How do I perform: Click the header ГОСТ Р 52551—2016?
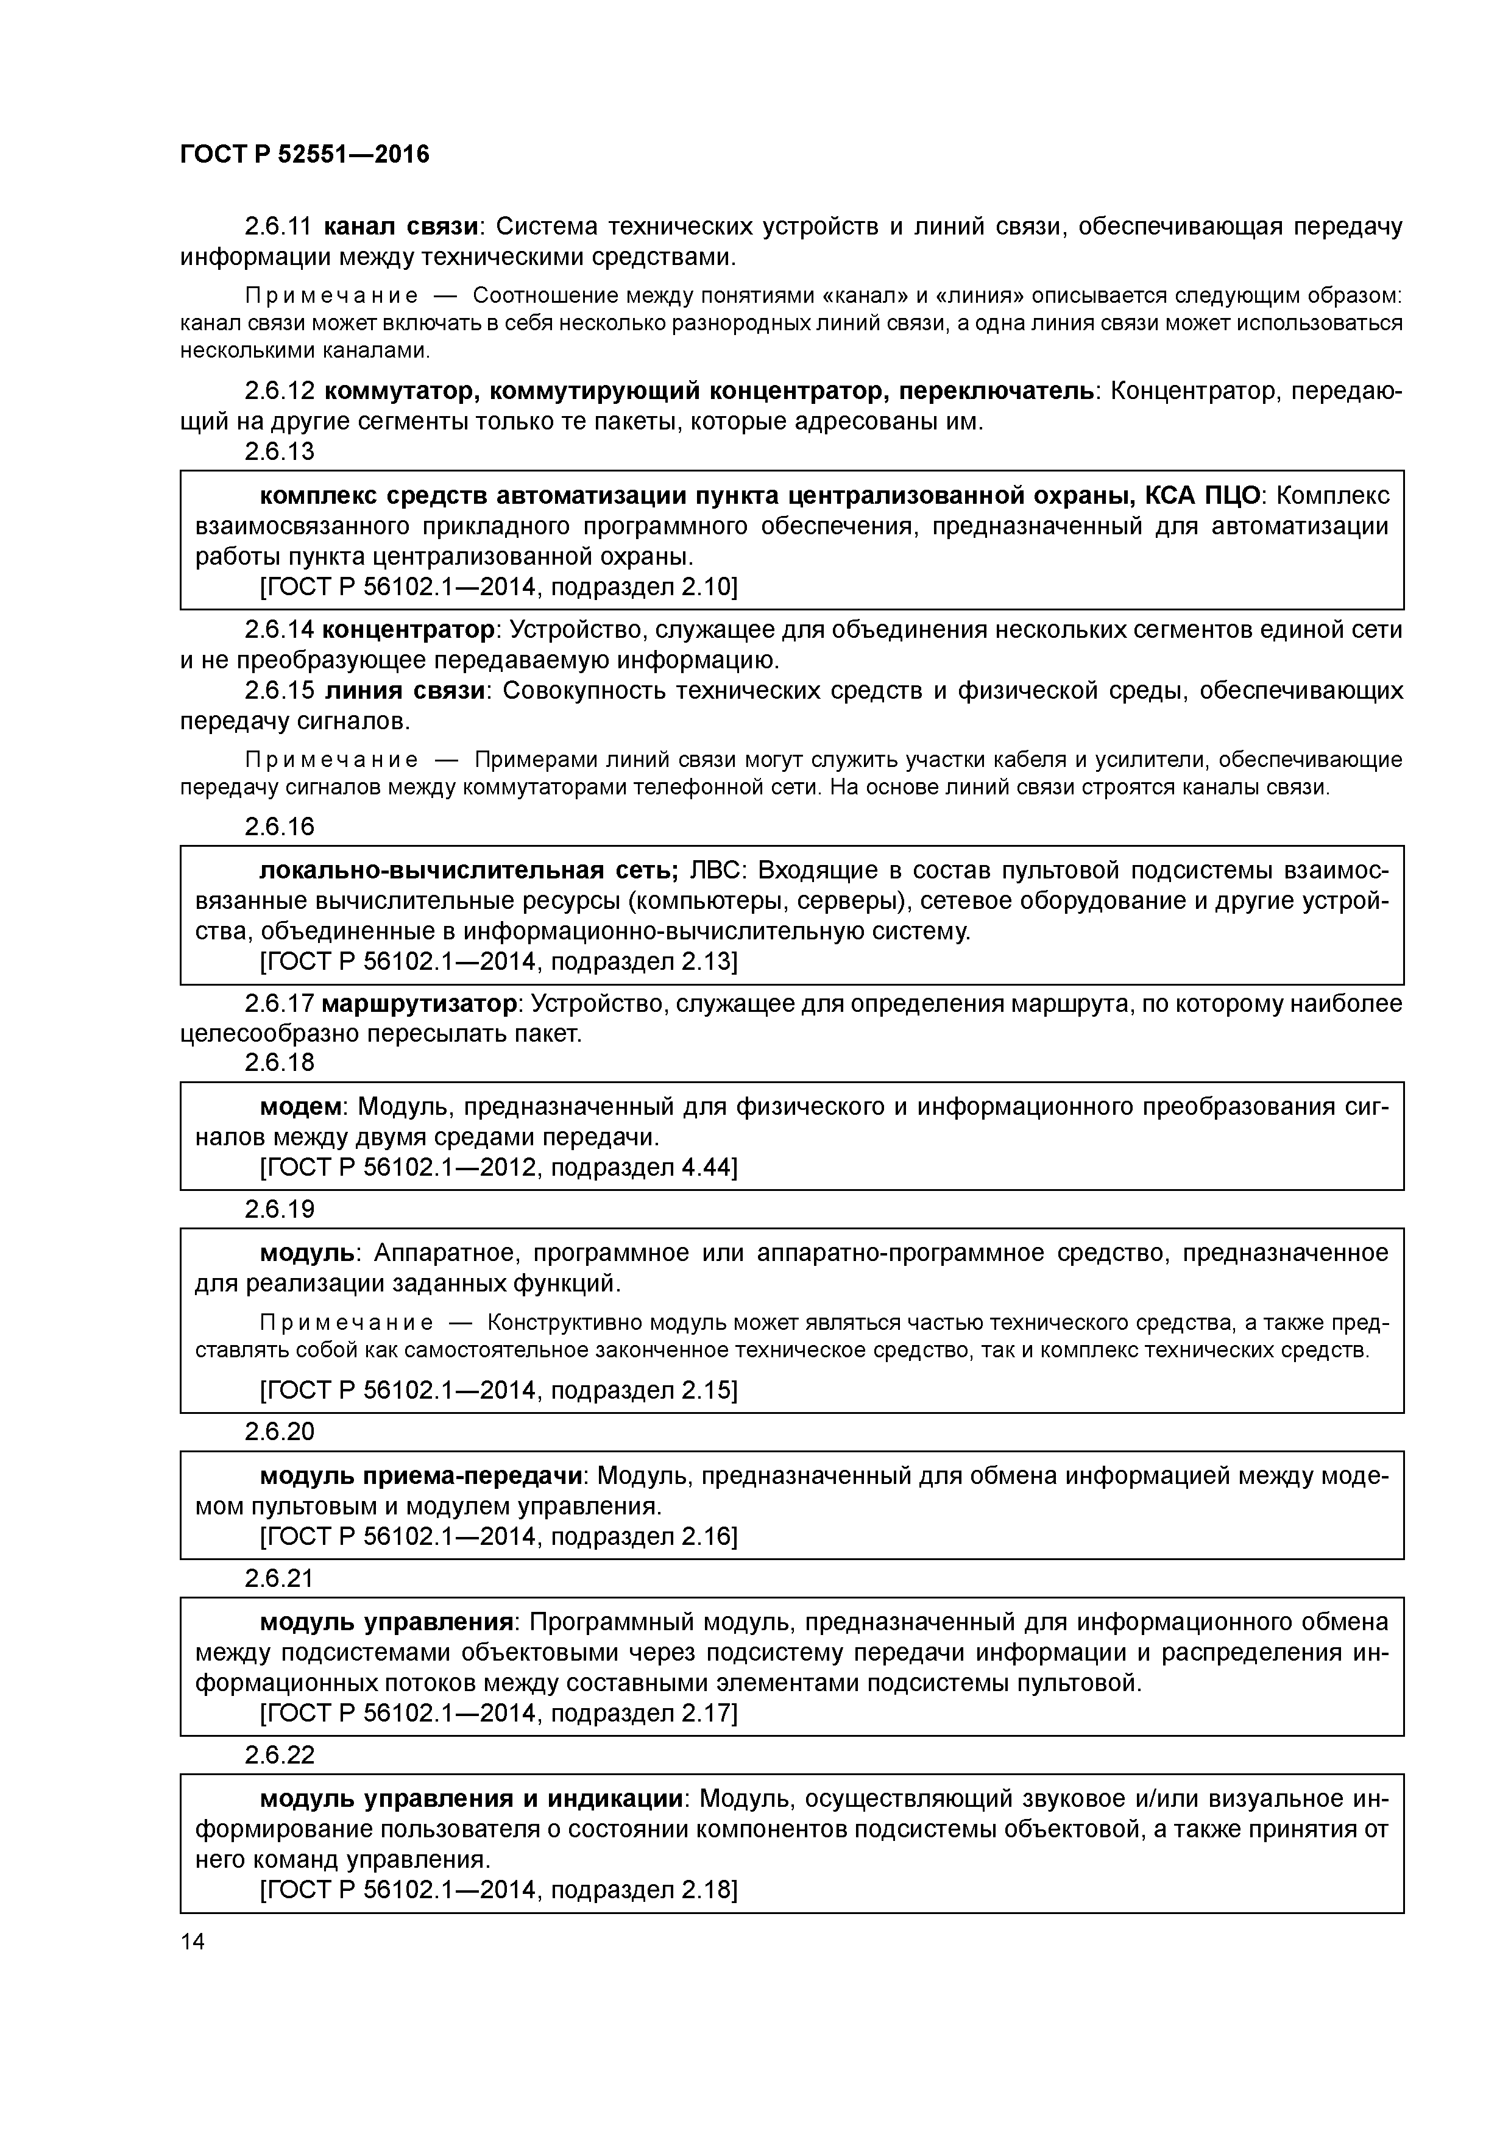(x=305, y=155)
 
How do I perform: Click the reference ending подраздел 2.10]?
(x=498, y=587)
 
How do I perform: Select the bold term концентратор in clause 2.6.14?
(x=408, y=629)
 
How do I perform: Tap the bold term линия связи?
(x=405, y=691)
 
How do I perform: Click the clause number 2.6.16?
(x=279, y=827)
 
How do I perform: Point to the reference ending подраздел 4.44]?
(x=498, y=1167)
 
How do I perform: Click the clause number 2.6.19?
(x=279, y=1209)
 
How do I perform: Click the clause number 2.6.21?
(x=279, y=1578)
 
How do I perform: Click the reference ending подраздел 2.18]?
(x=498, y=1890)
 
